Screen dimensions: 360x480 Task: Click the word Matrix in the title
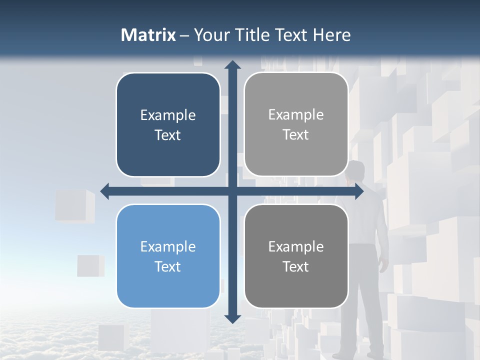tap(148, 35)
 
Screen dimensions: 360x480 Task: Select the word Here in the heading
tap(331, 35)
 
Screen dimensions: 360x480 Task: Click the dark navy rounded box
tap(168, 124)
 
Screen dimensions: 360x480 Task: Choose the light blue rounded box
tap(168, 256)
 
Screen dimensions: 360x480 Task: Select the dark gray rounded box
tap(296, 256)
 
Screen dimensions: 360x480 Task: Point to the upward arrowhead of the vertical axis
tap(232, 65)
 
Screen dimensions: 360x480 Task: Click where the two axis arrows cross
tap(232, 191)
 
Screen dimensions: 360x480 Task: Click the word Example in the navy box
tap(168, 115)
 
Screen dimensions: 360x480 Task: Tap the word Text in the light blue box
tap(168, 266)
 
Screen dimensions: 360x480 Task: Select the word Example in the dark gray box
tap(296, 246)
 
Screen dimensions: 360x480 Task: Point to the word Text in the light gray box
tap(296, 135)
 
